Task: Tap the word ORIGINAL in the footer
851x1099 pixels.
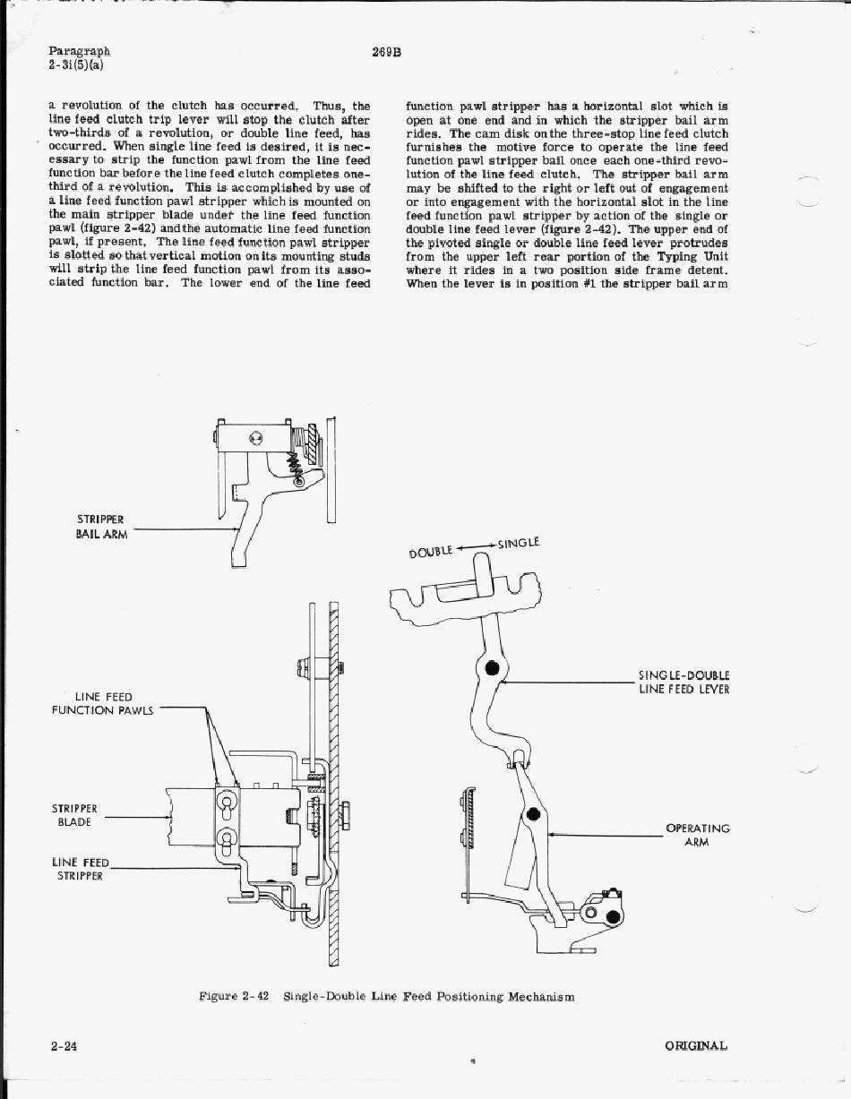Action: click(696, 1045)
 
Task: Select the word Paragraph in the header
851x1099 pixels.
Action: click(79, 52)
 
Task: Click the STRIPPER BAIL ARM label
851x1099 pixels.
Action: click(101, 527)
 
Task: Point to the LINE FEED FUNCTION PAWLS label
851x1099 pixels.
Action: click(103, 703)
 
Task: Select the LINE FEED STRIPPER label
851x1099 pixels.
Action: click(80, 869)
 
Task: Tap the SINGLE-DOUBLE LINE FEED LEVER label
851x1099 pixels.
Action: click(684, 682)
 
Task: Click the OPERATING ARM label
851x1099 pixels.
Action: click(698, 835)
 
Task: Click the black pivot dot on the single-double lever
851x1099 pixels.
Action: click(491, 668)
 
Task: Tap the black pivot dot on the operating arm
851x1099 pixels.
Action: click(533, 814)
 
